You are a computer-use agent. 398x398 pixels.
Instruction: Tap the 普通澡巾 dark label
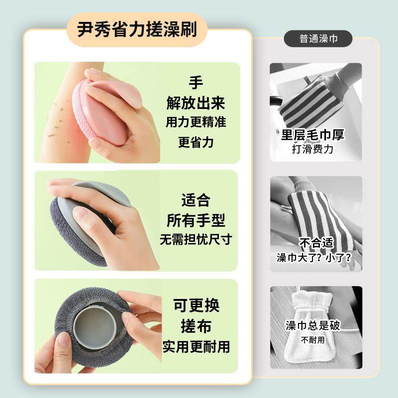pos(318,38)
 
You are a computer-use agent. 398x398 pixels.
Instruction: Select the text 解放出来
pos(196,103)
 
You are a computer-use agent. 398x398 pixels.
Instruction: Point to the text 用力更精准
pos(196,122)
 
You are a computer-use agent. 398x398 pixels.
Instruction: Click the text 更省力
pos(196,142)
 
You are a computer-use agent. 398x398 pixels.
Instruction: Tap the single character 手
pos(196,83)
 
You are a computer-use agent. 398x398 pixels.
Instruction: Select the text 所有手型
pos(196,220)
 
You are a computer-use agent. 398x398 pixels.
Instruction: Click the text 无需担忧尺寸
pos(196,239)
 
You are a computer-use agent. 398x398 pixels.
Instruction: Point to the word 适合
pos(196,200)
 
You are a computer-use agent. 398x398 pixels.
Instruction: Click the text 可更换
pos(196,305)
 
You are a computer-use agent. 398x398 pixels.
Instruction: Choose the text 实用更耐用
pos(196,346)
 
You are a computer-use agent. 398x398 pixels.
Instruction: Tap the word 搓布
pos(196,326)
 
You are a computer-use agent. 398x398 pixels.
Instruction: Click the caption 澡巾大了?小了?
pos(313,258)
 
